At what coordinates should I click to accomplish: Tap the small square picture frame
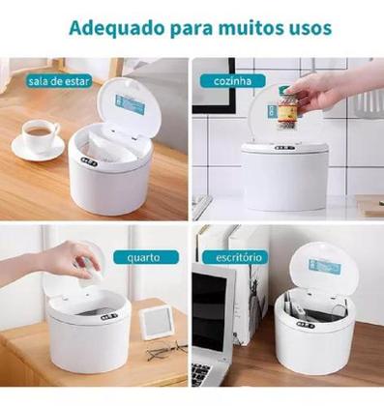[x=158, y=322]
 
